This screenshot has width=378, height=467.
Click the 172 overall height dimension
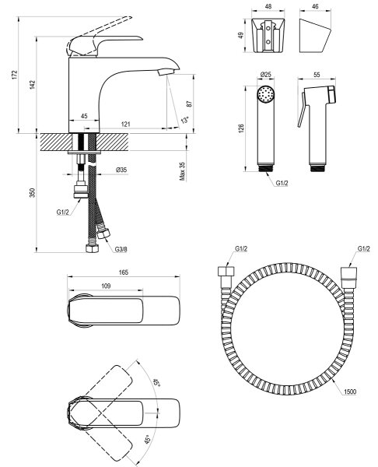[x=15, y=75]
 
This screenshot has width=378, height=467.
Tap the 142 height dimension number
[x=32, y=85]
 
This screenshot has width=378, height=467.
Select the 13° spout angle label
[x=185, y=120]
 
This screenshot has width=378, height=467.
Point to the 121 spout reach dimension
[x=126, y=124]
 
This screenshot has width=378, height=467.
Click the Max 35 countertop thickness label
[x=183, y=171]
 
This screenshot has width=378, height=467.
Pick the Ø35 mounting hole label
[x=121, y=170]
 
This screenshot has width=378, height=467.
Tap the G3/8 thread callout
[x=121, y=249]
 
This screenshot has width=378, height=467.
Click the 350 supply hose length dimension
[x=33, y=192]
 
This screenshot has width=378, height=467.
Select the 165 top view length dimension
[x=123, y=272]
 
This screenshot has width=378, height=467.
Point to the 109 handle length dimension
[x=106, y=286]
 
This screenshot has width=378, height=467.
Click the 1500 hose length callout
[x=350, y=392]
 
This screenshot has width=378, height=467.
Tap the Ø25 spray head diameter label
[x=265, y=74]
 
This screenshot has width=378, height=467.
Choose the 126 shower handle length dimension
[x=241, y=128]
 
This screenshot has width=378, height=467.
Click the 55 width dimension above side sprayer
[x=317, y=75]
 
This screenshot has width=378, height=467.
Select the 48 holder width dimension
[x=268, y=6]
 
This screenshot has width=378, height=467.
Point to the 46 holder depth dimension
[x=316, y=6]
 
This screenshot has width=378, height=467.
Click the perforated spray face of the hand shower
[x=265, y=94]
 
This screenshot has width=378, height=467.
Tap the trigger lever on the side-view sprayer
[x=301, y=110]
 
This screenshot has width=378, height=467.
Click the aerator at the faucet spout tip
[x=166, y=72]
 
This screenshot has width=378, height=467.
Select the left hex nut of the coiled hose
[x=226, y=272]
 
